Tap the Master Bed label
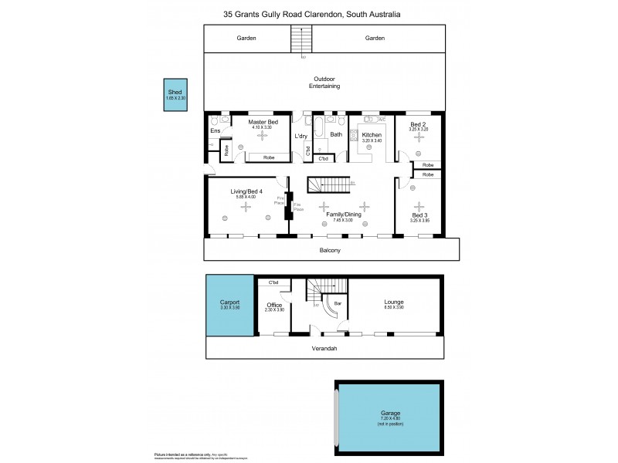[x=263, y=122]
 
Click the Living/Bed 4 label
[x=246, y=191]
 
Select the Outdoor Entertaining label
[x=324, y=83]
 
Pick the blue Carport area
[x=229, y=306]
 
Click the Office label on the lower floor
[x=275, y=305]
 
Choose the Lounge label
[x=394, y=302]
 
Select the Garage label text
[x=389, y=414]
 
